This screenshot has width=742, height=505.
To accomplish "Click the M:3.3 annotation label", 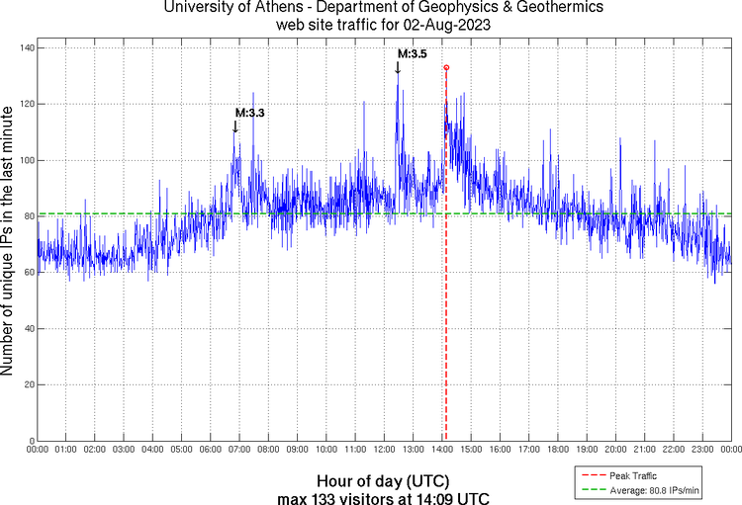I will tap(249, 114).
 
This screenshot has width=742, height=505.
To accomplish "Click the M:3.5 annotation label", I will tap(412, 54).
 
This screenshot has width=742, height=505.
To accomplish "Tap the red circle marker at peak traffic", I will tap(446, 67).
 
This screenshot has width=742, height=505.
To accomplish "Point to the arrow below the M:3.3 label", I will tap(235, 126).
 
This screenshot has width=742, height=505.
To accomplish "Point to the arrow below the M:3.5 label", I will tap(398, 67).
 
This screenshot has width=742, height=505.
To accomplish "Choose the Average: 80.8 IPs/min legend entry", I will tap(653, 490).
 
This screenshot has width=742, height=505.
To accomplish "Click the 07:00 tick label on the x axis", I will tap(239, 450).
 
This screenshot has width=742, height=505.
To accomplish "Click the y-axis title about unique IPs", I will tap(9, 243).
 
